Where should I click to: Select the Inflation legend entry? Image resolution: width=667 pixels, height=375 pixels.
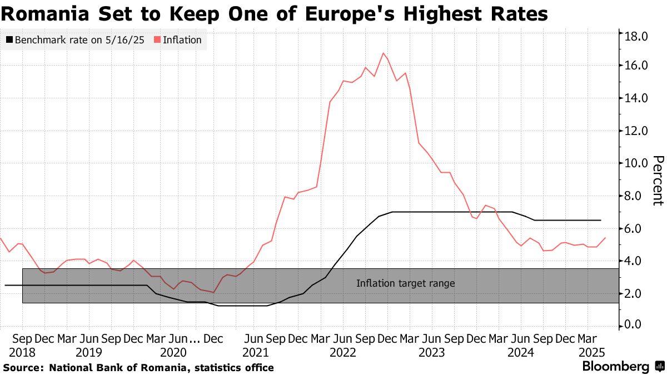[x=182, y=40]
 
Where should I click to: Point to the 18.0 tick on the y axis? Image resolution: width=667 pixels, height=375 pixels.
[x=636, y=37]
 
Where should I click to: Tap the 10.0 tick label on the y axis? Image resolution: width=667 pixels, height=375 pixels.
[x=636, y=163]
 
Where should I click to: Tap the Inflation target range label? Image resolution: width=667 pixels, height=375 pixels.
[x=406, y=283]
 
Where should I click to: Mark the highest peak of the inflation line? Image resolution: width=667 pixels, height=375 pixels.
[x=384, y=53]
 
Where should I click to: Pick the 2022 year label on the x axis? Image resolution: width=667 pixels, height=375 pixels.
[x=343, y=352]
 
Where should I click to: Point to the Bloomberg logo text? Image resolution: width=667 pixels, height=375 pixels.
[x=615, y=367]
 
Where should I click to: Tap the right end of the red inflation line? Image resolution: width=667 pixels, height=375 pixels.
[x=605, y=238]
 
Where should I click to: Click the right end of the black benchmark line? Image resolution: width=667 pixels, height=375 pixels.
[x=601, y=221]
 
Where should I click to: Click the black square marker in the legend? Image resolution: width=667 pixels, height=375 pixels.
[x=9, y=40]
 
